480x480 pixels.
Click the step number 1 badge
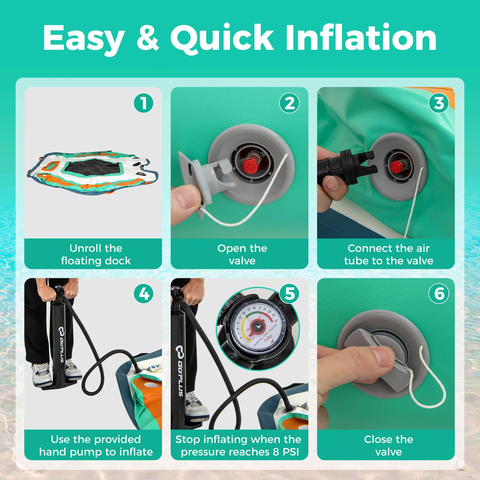[x=144, y=103]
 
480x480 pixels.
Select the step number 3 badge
[x=439, y=103]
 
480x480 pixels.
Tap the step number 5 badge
[x=290, y=294]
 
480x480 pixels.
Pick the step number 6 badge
[x=439, y=294]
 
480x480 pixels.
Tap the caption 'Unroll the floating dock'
[x=96, y=254]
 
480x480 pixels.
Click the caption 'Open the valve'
[x=242, y=254]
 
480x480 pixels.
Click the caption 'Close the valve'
[x=388, y=445]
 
